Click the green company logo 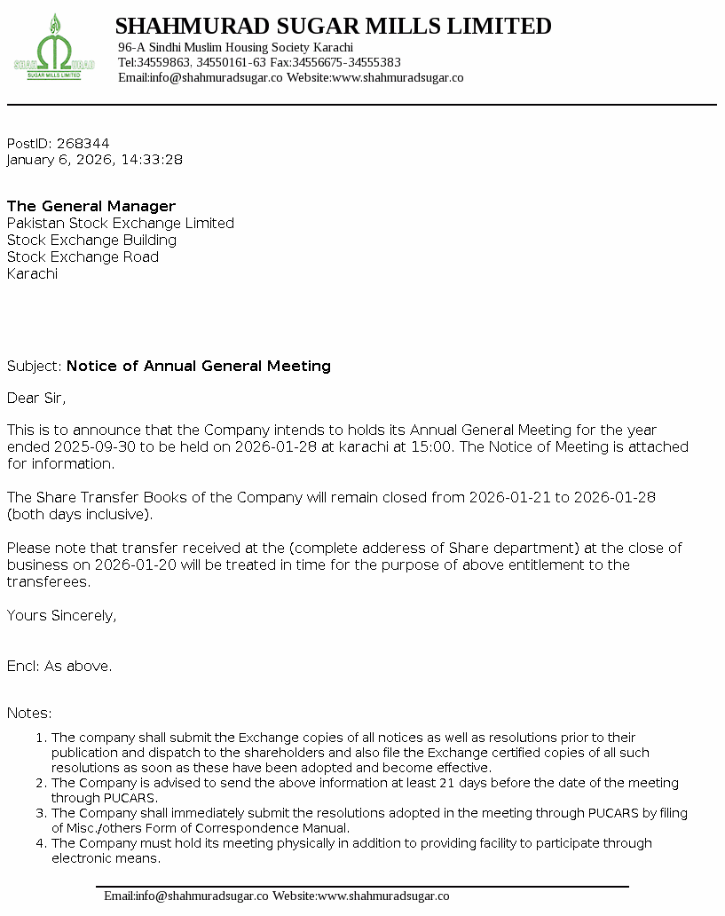click(x=54, y=50)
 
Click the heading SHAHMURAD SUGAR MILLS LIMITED click(x=333, y=27)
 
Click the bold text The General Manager click(x=91, y=206)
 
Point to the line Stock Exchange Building click(x=91, y=240)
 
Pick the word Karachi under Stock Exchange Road click(x=32, y=273)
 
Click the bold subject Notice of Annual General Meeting click(x=199, y=366)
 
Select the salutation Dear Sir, click(x=36, y=398)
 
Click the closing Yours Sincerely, click(x=61, y=615)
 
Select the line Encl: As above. click(x=59, y=666)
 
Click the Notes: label click(x=29, y=713)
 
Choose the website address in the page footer click(x=383, y=896)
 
